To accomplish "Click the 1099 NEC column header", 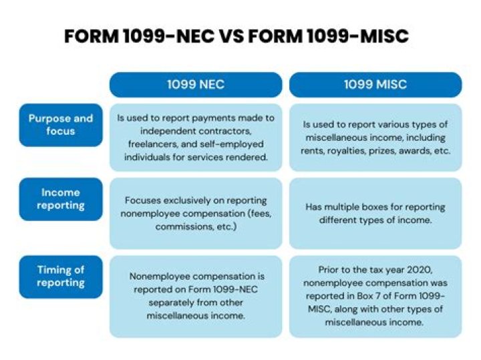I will click(195, 85).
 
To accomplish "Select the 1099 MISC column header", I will click(375, 85).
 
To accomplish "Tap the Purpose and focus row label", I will click(61, 125).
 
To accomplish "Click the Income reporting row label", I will click(61, 198).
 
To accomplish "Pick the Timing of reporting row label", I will click(61, 277).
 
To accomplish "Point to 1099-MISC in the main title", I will click(361, 36).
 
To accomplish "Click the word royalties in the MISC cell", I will click(361, 150).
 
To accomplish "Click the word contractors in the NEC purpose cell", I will click(226, 131).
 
